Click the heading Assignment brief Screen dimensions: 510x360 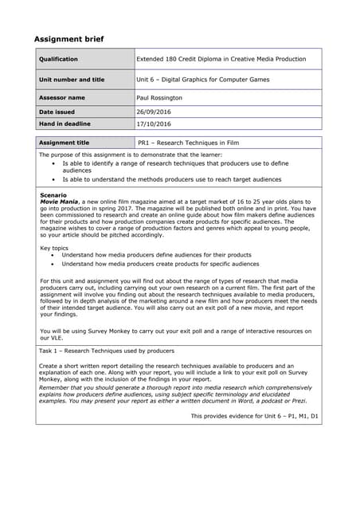pos(68,39)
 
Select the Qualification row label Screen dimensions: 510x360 pos(59,59)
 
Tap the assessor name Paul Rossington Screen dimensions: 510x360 pos(159,97)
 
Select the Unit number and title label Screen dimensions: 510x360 pos(72,80)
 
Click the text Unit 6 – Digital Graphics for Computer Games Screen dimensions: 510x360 pos(203,80)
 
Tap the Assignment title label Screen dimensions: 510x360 pos(65,142)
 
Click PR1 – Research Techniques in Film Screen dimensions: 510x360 pos(186,142)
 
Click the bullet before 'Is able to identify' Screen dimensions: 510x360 pos(53,163)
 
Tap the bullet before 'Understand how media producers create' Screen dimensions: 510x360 pos(53,264)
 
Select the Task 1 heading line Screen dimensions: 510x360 pos(107,351)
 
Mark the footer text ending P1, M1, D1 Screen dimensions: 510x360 pos(254,416)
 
